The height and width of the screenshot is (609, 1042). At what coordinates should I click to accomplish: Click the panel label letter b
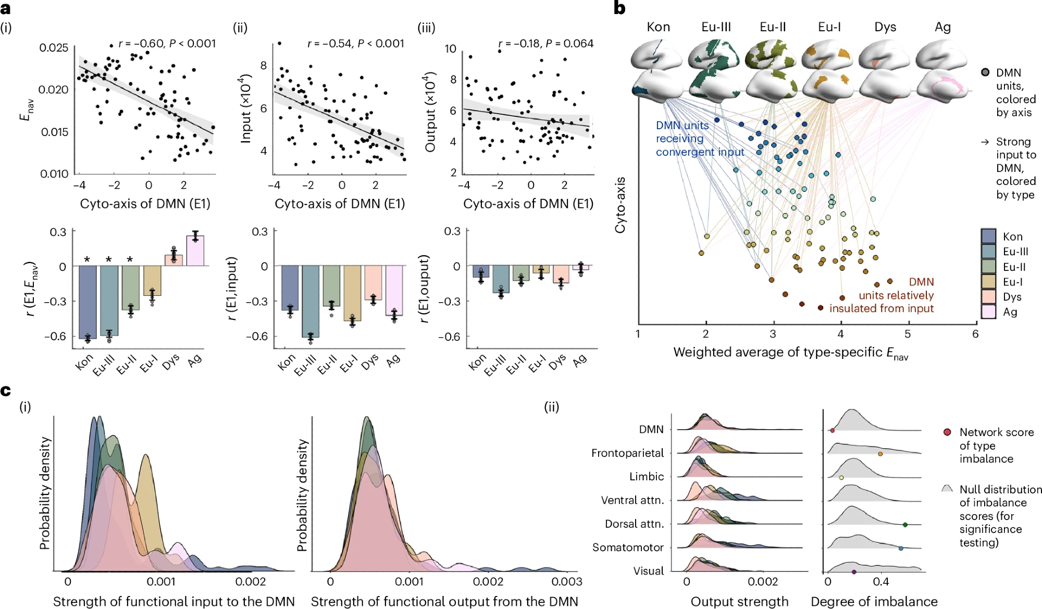click(619, 8)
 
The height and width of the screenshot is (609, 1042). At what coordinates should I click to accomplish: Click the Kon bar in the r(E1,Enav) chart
click(88, 302)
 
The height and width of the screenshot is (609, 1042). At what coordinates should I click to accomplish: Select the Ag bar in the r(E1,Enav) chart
click(195, 251)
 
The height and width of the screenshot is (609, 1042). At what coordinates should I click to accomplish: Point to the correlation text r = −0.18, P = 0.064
click(545, 44)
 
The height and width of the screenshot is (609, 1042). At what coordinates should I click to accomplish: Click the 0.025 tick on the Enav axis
click(54, 48)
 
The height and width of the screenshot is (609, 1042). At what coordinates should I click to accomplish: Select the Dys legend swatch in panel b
click(988, 296)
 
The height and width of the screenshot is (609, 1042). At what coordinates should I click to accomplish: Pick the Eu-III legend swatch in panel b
click(988, 251)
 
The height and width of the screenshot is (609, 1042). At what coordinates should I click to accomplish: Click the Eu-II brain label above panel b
click(773, 27)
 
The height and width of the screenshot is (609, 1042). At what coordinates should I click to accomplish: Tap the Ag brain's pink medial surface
click(943, 85)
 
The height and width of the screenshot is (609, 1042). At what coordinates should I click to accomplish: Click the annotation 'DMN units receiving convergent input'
click(699, 139)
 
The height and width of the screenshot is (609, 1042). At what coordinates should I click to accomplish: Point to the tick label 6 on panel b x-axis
click(975, 334)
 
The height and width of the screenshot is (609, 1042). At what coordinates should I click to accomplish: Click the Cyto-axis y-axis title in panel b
click(620, 205)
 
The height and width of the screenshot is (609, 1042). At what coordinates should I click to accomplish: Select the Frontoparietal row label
click(627, 453)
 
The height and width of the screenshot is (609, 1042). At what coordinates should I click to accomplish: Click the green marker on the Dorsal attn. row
click(905, 525)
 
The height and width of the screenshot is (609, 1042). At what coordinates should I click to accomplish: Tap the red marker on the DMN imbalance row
click(832, 430)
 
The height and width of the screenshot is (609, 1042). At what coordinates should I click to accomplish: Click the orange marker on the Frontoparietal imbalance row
click(880, 454)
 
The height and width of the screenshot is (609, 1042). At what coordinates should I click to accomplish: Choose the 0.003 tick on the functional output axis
click(567, 581)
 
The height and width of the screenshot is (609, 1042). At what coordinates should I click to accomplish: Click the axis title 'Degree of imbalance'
click(874, 602)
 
